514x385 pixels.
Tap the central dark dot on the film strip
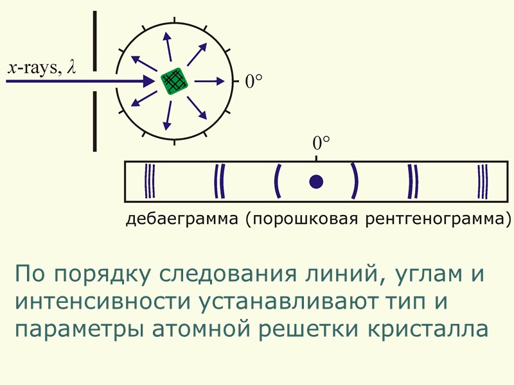[x=315, y=182]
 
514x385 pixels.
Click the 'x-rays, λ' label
[x=41, y=68]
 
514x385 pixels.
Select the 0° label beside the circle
[x=254, y=81]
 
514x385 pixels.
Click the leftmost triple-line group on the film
[x=149, y=181]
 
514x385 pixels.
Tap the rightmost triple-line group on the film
[x=483, y=181]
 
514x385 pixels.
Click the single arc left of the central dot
[x=278, y=181]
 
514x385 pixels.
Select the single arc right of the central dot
[x=354, y=181]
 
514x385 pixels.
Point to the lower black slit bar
[x=94, y=122]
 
